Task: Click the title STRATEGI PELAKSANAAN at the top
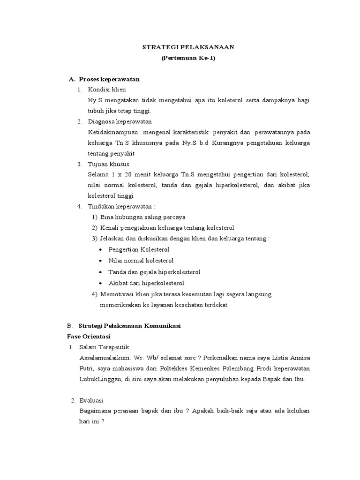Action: pos(188,47)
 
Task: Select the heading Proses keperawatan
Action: pos(109,79)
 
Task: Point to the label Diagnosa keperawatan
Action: pos(115,121)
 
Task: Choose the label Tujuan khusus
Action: pos(108,164)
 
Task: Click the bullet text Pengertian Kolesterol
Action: pos(139,249)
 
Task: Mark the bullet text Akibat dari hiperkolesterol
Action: pos(146,283)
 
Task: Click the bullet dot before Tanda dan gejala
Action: pos(101,272)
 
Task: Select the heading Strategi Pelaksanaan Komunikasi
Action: pos(130,325)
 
